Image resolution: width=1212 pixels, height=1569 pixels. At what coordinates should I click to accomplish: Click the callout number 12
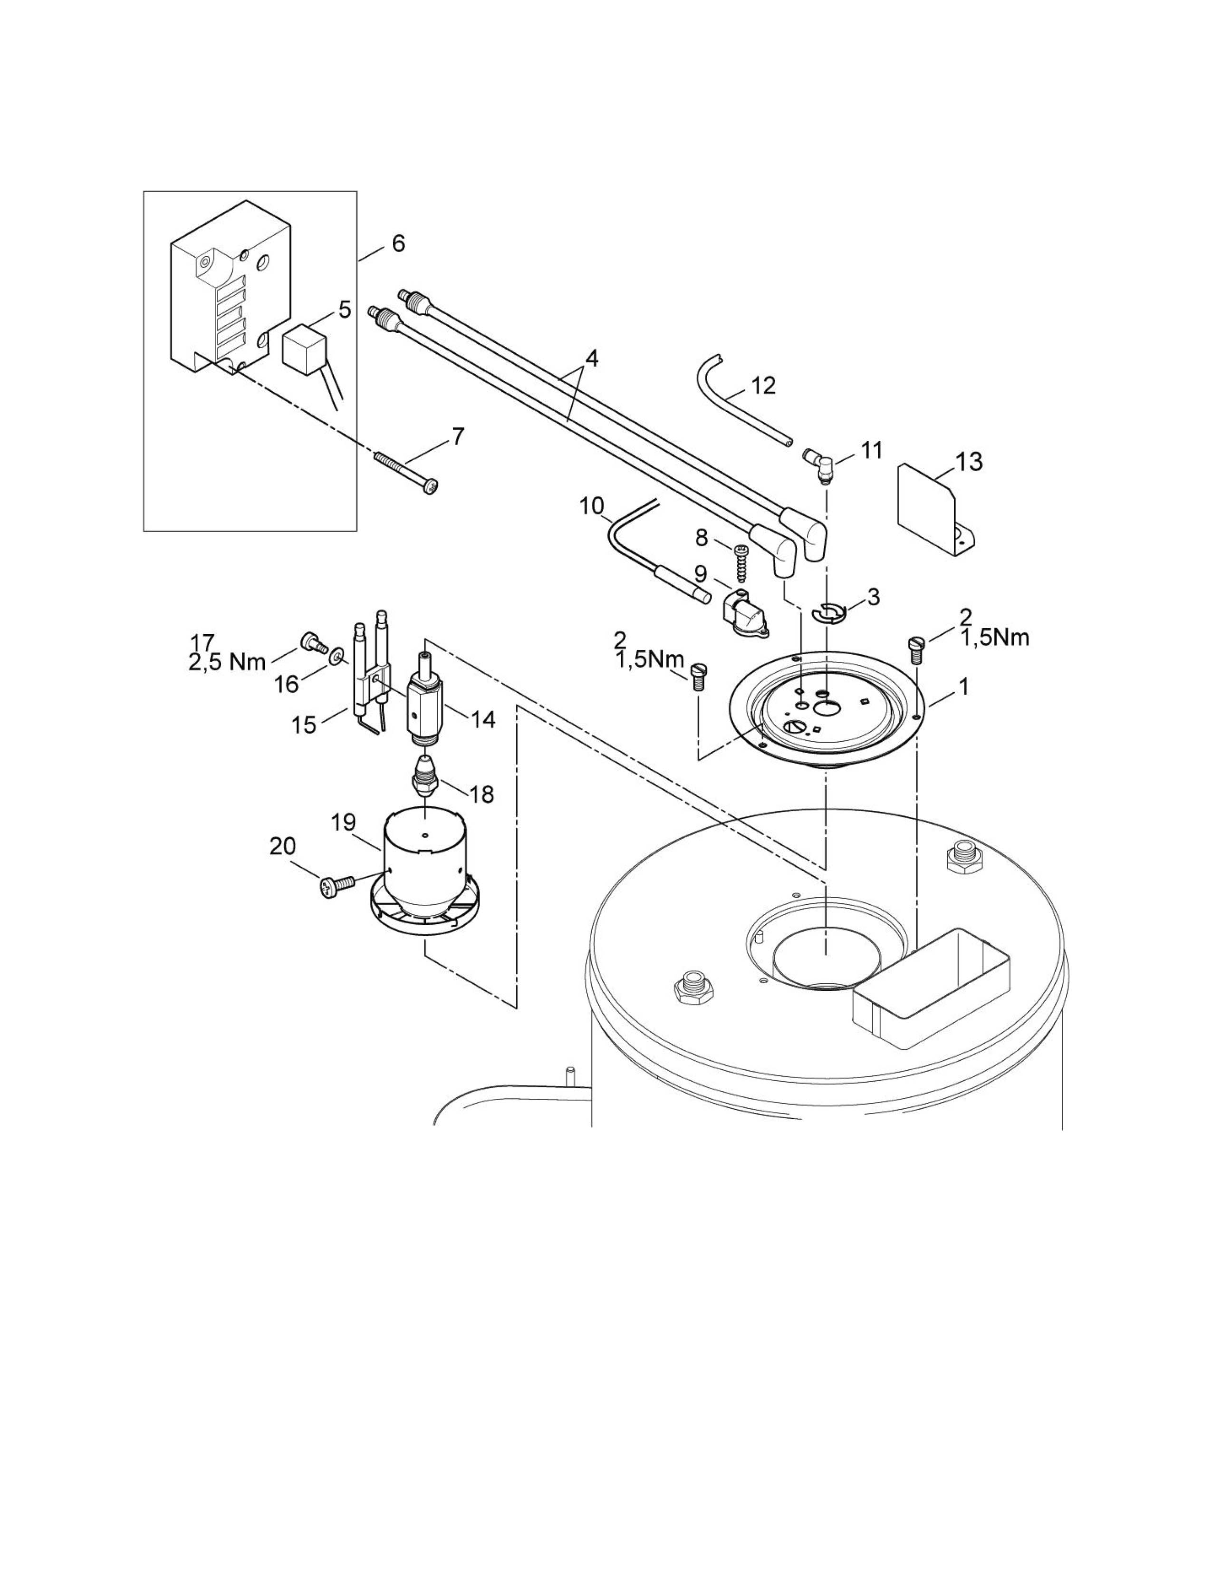click(763, 386)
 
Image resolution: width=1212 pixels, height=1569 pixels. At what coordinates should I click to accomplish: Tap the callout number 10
click(592, 506)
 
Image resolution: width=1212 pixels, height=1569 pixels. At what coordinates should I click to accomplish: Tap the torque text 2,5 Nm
click(227, 662)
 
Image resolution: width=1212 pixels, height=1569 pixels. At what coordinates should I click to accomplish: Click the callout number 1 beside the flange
click(963, 687)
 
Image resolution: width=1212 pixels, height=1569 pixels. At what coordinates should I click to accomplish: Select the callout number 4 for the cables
click(590, 358)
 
